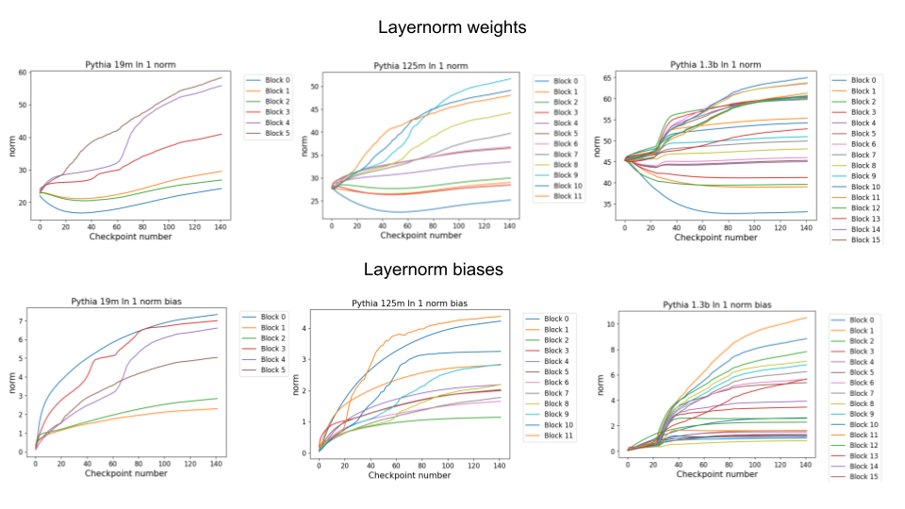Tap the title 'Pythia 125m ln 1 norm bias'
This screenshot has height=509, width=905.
pos(410,304)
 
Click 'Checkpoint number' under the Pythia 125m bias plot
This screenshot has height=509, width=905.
pos(409,475)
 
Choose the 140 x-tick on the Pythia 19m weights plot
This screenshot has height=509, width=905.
pos(219,227)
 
